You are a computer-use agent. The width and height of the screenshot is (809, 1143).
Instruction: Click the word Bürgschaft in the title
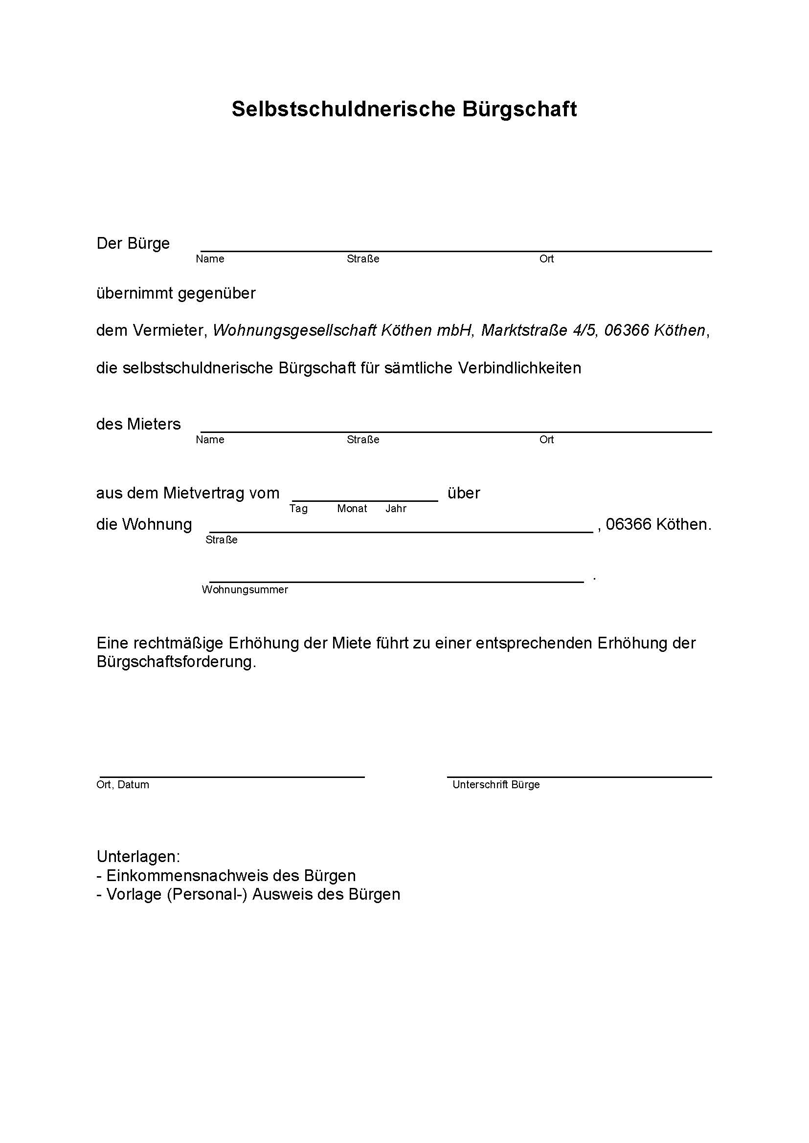pos(519,109)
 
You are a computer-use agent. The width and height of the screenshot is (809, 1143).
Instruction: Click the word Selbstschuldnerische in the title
pos(343,109)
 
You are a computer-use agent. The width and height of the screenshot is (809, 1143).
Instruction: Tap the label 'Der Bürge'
pos(133,243)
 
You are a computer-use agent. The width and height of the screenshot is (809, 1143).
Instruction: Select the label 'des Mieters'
pos(138,424)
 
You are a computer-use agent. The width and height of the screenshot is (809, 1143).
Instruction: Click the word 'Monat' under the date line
pos(352,508)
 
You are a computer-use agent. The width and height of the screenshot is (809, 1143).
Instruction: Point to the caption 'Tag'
pos(298,508)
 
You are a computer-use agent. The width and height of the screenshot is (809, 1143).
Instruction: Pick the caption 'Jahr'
pos(396,508)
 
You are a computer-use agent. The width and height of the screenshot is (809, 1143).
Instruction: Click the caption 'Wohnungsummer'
pos(245,589)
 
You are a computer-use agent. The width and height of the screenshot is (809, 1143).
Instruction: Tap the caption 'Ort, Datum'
pos(123,785)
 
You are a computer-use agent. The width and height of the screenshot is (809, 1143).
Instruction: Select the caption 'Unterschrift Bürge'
pos(495,785)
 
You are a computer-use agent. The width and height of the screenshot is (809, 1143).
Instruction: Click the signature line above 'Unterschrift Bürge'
pos(579,776)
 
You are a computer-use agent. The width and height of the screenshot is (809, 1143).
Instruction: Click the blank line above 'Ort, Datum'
pos(232,776)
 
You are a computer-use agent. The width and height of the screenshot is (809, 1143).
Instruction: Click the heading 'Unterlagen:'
pos(138,857)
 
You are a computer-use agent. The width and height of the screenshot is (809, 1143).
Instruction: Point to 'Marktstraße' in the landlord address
pos(523,330)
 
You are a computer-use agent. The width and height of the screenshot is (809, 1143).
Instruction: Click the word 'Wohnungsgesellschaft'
pos(294,330)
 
